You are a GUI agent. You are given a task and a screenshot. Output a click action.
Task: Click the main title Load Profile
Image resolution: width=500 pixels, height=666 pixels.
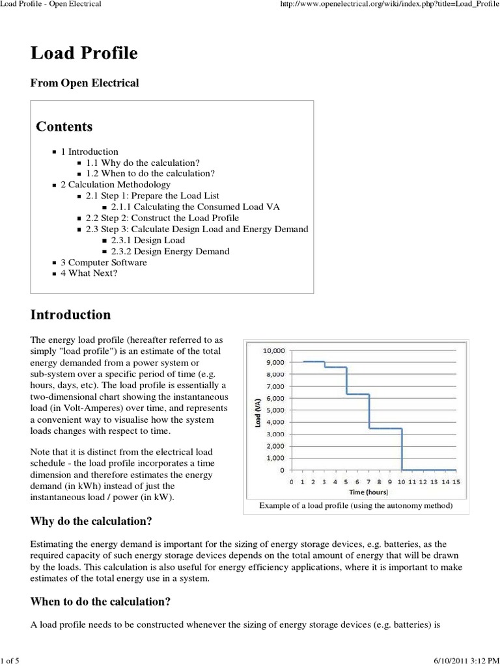[x=84, y=53]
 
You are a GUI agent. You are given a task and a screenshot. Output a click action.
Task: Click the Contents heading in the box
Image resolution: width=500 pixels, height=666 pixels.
[x=64, y=126]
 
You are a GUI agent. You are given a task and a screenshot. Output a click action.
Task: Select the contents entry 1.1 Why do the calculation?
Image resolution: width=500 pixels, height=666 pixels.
[x=143, y=163]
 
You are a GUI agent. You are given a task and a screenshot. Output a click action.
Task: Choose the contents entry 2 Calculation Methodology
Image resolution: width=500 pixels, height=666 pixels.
[x=115, y=185]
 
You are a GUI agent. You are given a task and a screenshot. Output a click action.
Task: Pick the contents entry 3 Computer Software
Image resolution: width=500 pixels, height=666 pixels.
[x=104, y=262]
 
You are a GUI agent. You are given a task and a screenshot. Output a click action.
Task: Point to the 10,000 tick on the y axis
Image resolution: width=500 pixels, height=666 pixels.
[x=273, y=350]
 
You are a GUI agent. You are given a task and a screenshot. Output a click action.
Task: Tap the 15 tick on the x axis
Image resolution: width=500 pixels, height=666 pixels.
[x=456, y=481]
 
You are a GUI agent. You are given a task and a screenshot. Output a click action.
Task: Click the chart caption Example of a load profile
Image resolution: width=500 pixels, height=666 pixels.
[x=355, y=505]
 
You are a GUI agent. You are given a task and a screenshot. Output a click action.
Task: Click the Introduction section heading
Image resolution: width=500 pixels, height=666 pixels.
[x=70, y=315]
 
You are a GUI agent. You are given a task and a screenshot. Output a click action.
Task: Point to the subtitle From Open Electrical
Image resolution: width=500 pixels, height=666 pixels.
[x=85, y=83]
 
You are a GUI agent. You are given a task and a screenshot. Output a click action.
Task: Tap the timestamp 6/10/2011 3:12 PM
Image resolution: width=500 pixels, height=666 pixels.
[x=465, y=660]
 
